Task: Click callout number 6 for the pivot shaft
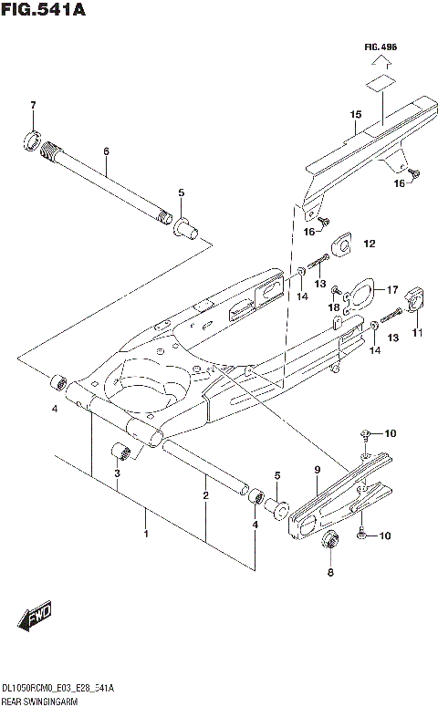106,151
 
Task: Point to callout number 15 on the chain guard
356,115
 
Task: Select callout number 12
370,244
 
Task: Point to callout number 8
331,573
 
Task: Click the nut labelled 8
331,540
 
